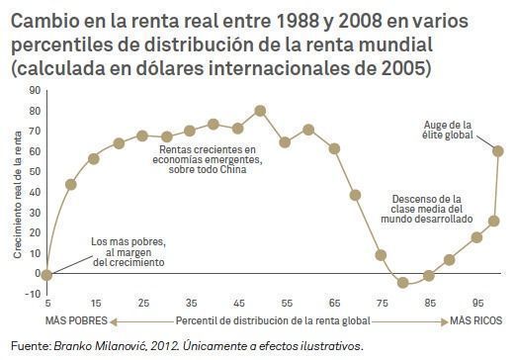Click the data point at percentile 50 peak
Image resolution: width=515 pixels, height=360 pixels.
pyautogui.click(x=260, y=110)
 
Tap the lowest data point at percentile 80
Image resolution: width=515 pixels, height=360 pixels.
pyautogui.click(x=402, y=283)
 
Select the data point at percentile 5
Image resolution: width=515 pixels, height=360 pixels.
pyautogui.click(x=46, y=273)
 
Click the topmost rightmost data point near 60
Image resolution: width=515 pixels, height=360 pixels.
pyautogui.click(x=497, y=150)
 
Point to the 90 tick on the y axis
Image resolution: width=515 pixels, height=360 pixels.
pyautogui.click(x=35, y=89)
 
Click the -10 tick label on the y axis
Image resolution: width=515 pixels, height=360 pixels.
pyautogui.click(x=33, y=294)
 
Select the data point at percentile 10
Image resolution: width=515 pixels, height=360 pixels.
pyautogui.click(x=70, y=184)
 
